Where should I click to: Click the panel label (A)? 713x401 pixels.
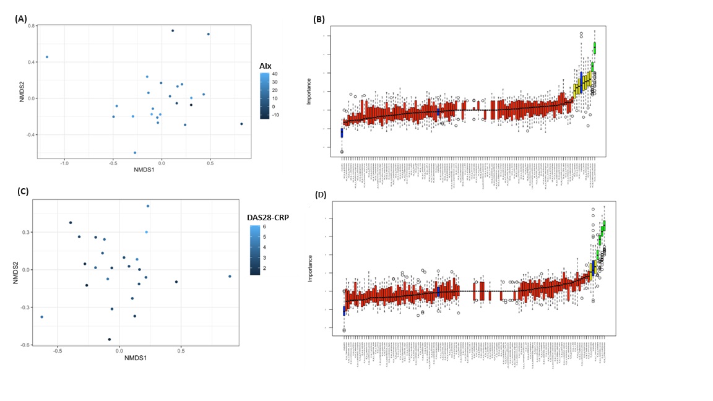(x=20, y=19)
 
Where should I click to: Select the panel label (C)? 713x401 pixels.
(x=23, y=191)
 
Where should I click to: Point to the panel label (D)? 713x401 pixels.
(x=320, y=195)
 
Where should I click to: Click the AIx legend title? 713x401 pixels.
(x=266, y=65)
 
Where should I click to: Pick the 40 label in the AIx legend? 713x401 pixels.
(x=275, y=74)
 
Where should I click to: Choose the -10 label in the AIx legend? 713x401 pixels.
(x=277, y=114)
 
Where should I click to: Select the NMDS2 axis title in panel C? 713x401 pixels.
(x=15, y=272)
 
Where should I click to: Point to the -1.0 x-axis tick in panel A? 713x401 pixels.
(x=64, y=164)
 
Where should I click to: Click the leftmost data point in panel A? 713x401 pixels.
(x=46, y=57)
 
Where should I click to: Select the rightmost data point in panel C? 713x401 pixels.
(x=230, y=277)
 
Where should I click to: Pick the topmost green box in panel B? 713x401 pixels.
(x=594, y=48)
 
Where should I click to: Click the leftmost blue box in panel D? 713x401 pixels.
(x=344, y=311)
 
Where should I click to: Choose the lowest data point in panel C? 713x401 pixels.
(x=110, y=339)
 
